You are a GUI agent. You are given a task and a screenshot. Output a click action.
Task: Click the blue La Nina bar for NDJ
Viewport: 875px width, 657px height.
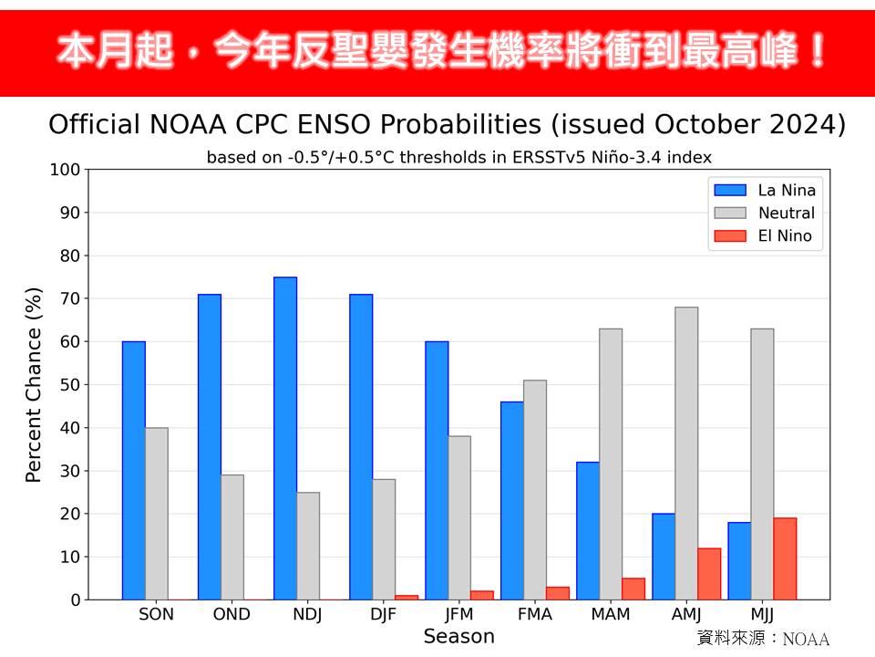[x=285, y=438]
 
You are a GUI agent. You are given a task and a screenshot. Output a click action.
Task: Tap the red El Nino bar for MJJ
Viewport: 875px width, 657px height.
[x=785, y=558]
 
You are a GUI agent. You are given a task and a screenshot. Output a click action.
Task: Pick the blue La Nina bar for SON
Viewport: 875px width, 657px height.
[x=134, y=470]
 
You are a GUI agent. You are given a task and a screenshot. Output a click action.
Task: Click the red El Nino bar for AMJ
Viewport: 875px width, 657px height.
[x=709, y=574]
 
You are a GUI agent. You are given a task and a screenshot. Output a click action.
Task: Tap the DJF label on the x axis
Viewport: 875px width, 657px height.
[x=383, y=614]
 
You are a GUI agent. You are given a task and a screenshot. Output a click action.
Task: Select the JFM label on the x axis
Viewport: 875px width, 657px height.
[x=458, y=614]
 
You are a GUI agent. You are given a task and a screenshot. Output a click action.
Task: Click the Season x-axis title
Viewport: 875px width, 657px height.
[x=458, y=636]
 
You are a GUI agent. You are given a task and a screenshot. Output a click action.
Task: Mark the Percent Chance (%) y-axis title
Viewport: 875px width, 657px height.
[x=34, y=385]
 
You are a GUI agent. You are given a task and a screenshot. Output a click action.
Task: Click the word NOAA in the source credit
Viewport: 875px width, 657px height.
[x=806, y=639]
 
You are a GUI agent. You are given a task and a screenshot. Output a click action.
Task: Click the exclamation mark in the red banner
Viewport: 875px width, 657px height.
[x=817, y=53]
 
